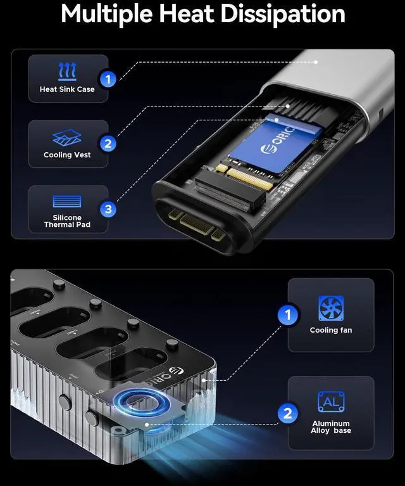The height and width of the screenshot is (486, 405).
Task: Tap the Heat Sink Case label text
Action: [x=67, y=89]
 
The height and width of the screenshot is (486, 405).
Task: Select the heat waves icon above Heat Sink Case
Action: [x=67, y=70]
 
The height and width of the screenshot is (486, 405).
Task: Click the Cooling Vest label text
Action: [x=67, y=155]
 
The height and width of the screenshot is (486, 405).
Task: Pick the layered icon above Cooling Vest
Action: [x=67, y=137]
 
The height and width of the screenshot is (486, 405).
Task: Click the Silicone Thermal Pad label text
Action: [x=67, y=221]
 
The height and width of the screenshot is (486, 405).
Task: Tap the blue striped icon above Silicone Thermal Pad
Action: [x=67, y=202]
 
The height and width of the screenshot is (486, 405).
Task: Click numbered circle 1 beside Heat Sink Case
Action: [x=108, y=79]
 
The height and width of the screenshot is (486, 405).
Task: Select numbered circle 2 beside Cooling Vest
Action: [x=108, y=144]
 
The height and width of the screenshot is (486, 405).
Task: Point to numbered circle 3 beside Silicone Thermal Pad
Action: [x=108, y=208]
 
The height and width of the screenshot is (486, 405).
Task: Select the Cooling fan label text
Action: [x=331, y=330]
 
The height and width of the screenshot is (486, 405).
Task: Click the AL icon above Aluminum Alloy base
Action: [x=331, y=402]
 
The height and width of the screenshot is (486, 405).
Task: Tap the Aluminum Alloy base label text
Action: [x=331, y=427]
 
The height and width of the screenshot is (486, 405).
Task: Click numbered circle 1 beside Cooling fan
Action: [x=289, y=314]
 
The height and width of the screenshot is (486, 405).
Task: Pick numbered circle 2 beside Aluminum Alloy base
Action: [x=289, y=414]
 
